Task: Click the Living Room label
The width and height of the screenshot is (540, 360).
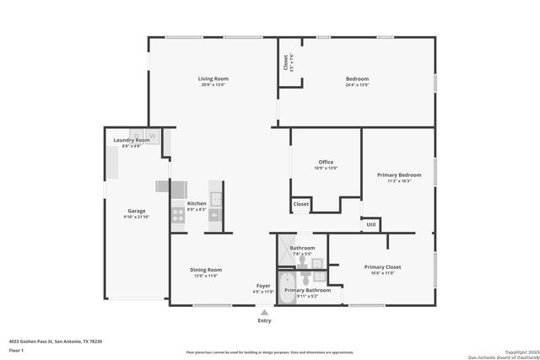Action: coord(213,78)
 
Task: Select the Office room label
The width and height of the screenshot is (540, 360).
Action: coord(326,162)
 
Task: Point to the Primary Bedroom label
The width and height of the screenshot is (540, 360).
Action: coord(398,175)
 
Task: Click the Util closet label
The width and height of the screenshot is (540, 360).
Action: coord(370,225)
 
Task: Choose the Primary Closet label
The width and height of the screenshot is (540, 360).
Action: coord(382,266)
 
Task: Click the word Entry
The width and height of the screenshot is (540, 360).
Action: coord(264,320)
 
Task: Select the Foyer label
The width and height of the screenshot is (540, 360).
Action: coord(263,286)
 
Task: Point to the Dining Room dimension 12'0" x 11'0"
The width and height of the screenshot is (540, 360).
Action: coord(206,276)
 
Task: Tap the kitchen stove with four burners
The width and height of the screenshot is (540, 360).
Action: coord(178,216)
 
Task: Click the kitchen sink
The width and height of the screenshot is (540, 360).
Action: coord(215,200)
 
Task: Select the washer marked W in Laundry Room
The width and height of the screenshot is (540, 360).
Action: coord(153,135)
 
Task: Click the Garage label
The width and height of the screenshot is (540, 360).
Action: coord(137,211)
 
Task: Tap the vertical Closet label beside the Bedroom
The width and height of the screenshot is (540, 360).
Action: coord(285,61)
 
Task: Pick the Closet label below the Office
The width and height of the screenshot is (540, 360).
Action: coord(300,204)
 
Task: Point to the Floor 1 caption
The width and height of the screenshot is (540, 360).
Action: coord(16,349)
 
